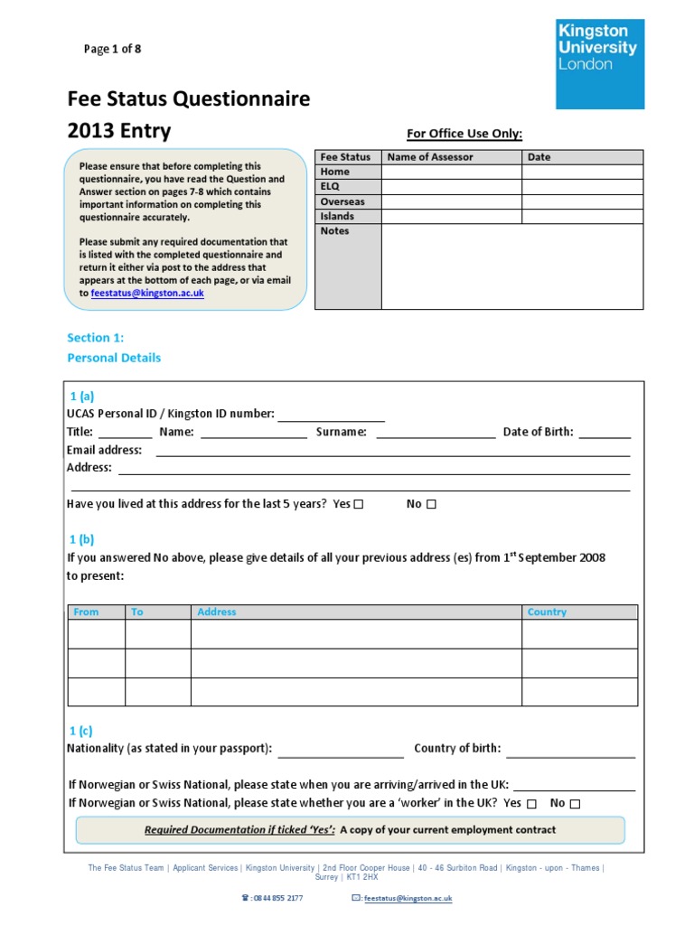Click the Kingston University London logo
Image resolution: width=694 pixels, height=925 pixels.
pyautogui.click(x=599, y=63)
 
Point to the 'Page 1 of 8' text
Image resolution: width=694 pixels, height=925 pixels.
pyautogui.click(x=112, y=49)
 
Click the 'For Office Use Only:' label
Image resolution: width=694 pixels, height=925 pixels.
pyautogui.click(x=464, y=134)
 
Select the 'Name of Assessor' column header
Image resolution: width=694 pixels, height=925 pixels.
pyautogui.click(x=430, y=157)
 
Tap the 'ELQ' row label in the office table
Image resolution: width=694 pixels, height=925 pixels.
pyautogui.click(x=330, y=186)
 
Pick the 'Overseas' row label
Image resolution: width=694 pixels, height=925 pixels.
pyautogui.click(x=342, y=201)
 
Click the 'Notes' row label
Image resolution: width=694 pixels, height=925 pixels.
pyautogui.click(x=334, y=231)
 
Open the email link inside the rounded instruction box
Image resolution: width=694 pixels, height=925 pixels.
pyautogui.click(x=147, y=294)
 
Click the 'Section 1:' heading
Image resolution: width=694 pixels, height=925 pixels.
pyautogui.click(x=95, y=338)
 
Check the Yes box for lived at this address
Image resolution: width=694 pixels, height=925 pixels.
pyautogui.click(x=359, y=505)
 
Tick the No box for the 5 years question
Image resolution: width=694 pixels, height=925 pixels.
pyautogui.click(x=431, y=505)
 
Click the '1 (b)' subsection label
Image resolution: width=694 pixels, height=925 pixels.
pyautogui.click(x=81, y=539)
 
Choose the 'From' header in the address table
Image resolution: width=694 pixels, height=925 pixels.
pyautogui.click(x=87, y=612)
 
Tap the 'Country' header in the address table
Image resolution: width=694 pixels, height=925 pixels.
pyautogui.click(x=547, y=612)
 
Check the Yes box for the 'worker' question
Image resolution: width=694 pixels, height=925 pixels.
pyautogui.click(x=531, y=804)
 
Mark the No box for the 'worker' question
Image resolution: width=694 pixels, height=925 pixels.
pyautogui.click(x=576, y=804)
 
